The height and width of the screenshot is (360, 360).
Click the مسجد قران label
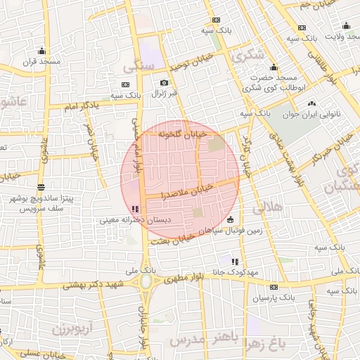tap(43, 61)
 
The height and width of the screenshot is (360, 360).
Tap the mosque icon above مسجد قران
tap(42, 51)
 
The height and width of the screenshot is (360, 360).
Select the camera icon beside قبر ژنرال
tap(165, 82)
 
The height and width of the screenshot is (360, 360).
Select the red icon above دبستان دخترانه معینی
tap(134, 209)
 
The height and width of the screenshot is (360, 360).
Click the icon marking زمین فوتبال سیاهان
tap(231, 220)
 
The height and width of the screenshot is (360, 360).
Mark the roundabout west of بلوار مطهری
tap(147, 282)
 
